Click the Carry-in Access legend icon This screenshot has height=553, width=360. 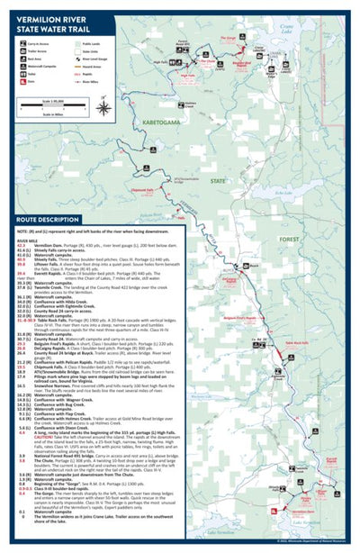(23, 42)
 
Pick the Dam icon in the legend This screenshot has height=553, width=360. (23, 80)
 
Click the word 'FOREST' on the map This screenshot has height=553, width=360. (288, 239)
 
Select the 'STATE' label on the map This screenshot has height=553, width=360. (218, 180)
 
